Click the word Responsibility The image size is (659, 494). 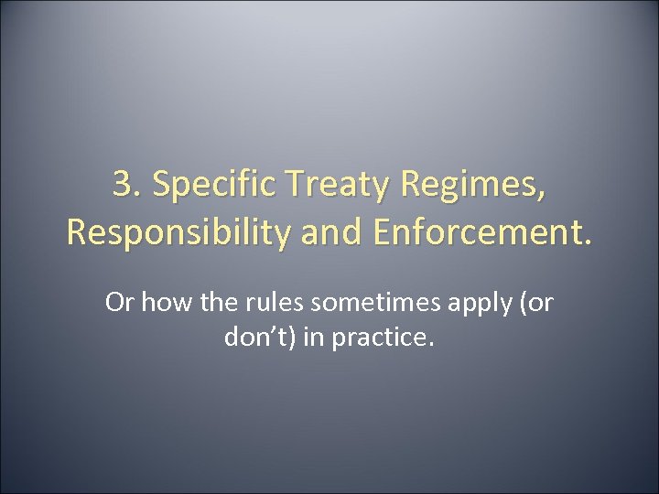click(170, 232)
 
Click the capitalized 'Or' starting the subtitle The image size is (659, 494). click(119, 303)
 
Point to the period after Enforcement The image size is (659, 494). click(588, 242)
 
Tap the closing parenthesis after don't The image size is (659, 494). click(295, 338)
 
